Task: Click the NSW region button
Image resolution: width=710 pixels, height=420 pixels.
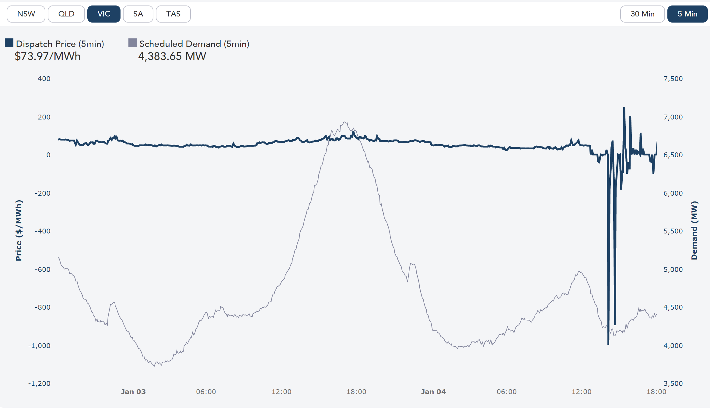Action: tap(26, 14)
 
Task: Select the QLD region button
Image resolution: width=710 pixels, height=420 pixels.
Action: tap(66, 14)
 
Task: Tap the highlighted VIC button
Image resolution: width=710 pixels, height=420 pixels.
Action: tap(104, 14)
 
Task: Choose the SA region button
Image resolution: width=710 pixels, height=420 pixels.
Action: tap(138, 14)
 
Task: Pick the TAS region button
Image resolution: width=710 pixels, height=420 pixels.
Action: tap(173, 14)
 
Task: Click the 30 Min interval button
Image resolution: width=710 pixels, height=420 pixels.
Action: tap(642, 14)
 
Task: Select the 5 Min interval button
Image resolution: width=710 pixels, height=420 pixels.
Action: tap(687, 14)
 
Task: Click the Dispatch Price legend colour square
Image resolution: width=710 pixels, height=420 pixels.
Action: tap(9, 43)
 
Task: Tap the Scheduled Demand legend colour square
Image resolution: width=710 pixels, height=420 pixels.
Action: tap(133, 43)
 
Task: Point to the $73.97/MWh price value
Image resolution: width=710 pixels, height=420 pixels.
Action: tap(48, 56)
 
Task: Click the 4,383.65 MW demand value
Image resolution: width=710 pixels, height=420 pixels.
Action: tap(172, 56)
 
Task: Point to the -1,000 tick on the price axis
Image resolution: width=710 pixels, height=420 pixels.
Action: tap(39, 346)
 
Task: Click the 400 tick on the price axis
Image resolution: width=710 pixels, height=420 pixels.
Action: tap(44, 79)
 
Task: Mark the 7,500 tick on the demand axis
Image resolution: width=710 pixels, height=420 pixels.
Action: tap(673, 79)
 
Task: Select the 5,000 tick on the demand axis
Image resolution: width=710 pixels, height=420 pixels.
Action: tap(673, 269)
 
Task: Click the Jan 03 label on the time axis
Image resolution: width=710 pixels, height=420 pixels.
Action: tap(133, 392)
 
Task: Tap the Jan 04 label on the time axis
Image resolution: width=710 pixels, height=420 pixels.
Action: tap(433, 392)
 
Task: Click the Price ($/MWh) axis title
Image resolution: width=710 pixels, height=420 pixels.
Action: tap(19, 230)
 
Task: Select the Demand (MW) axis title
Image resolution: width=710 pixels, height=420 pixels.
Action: tap(694, 230)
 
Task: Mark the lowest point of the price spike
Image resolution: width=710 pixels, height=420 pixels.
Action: tap(608, 344)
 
